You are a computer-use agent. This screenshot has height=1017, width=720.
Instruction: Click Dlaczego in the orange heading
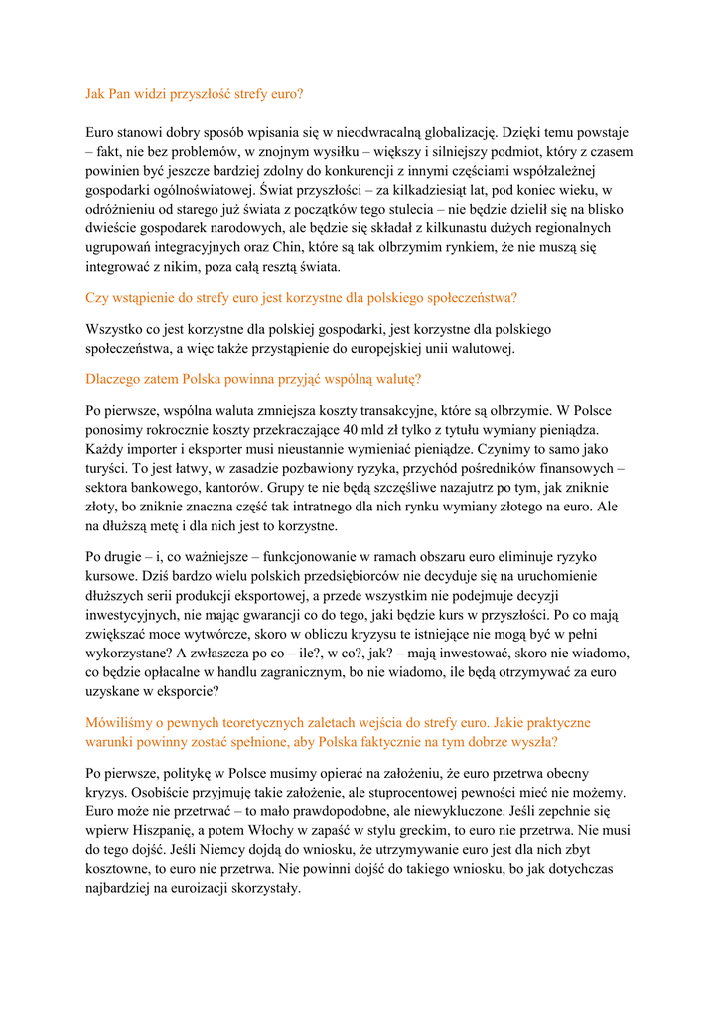tap(113, 378)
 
